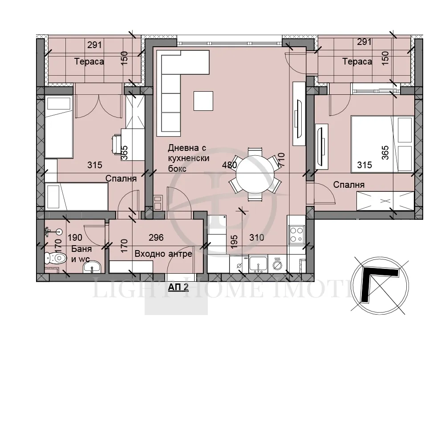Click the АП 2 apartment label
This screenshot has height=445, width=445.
click(178, 287)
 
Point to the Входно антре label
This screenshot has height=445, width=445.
click(163, 254)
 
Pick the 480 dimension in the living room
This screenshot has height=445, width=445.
click(229, 165)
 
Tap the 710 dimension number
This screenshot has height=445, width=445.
click(281, 159)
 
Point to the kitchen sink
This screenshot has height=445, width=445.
click(258, 264)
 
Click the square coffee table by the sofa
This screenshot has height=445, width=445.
click(203, 100)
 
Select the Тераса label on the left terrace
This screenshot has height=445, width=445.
click(89, 62)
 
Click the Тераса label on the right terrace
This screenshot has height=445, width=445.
click(357, 62)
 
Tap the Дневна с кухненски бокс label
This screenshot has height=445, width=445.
click(189, 158)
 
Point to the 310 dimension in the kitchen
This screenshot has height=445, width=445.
click(257, 238)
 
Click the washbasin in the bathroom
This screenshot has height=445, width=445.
click(93, 267)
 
